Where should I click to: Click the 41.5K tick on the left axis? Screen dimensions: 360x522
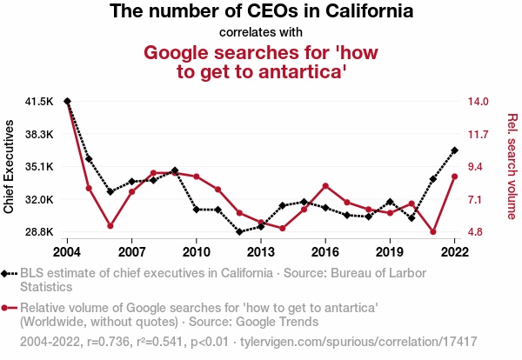[x=39, y=102]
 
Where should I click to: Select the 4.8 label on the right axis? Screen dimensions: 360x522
[x=477, y=232]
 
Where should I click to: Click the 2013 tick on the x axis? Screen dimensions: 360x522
[x=260, y=252]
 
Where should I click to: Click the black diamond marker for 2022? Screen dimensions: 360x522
[x=454, y=150]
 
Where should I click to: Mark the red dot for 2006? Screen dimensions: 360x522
[x=110, y=226]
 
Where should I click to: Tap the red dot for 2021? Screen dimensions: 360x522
[x=432, y=232]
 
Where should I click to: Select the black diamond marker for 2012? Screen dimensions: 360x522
[x=239, y=232]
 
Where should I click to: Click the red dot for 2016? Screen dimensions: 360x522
[x=325, y=186]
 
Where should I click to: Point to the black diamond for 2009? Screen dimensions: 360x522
[x=175, y=170]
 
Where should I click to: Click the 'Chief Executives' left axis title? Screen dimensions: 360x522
[x=10, y=167]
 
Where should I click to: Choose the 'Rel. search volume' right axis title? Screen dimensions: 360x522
[x=512, y=167]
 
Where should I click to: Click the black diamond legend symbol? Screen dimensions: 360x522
[x=9, y=273]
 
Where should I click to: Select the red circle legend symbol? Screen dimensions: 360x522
[x=9, y=308]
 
